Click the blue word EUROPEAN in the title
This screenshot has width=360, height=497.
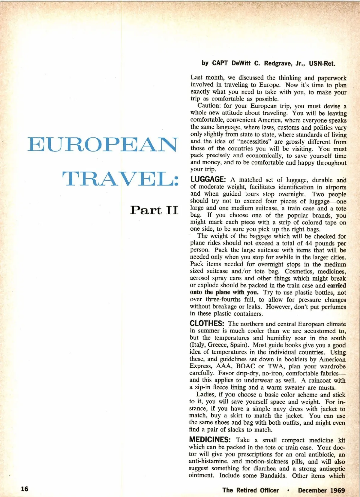(103, 144)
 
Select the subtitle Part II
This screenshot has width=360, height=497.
(154, 210)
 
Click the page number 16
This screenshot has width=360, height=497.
(25, 489)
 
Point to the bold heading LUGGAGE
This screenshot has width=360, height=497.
(208, 179)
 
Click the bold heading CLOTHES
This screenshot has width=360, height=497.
(207, 324)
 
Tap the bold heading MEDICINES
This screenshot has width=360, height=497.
(210, 440)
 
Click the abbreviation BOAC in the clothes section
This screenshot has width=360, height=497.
(245, 366)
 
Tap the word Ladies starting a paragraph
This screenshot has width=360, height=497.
(205, 394)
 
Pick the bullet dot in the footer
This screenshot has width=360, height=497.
(288, 490)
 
